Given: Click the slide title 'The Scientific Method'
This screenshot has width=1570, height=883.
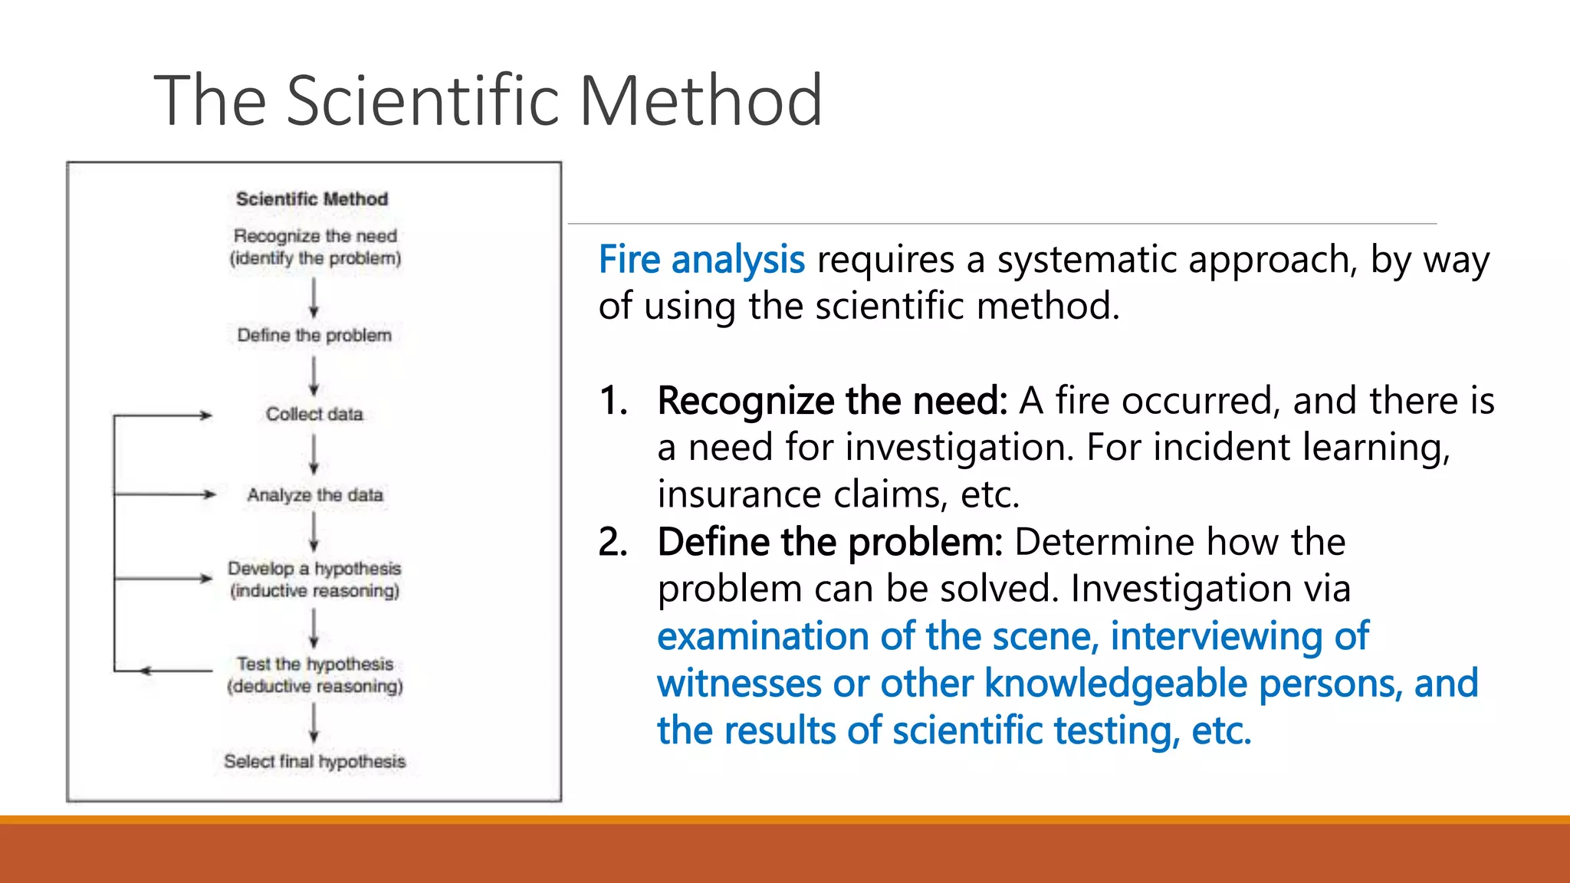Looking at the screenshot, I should [488, 100].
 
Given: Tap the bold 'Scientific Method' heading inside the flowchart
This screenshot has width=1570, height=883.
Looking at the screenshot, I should [312, 199].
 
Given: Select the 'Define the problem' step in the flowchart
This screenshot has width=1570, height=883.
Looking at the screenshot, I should [314, 335].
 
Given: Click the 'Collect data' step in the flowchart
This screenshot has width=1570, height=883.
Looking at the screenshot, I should [314, 414].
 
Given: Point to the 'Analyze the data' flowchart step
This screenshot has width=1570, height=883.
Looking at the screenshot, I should [314, 495].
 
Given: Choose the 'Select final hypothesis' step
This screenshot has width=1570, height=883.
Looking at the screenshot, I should [314, 761].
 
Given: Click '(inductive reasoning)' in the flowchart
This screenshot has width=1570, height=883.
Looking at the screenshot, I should [314, 591].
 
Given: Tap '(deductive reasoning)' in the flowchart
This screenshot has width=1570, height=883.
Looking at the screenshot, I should [314, 686].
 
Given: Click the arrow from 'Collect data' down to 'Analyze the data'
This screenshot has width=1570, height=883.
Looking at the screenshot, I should [314, 454].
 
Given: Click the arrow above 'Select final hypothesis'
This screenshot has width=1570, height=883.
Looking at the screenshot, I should [314, 723].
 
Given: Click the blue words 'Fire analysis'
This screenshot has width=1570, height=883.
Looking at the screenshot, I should [701, 259].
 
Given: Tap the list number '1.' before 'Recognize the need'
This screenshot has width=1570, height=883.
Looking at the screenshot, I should [613, 401].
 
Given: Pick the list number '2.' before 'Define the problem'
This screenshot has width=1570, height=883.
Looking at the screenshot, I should [613, 542].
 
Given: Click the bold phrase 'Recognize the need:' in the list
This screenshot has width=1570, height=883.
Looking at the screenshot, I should [832, 401].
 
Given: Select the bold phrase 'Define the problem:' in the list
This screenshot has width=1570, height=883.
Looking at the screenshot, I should [829, 542].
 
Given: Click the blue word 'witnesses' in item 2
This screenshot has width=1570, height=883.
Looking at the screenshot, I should [738, 683].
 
